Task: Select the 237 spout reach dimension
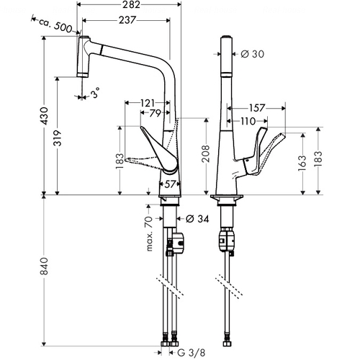(x=127, y=20)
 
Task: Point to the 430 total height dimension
(x=45, y=116)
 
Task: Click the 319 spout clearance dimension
(x=58, y=138)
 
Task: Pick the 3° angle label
(x=96, y=92)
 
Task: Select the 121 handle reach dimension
(x=147, y=103)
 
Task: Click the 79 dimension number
(x=155, y=113)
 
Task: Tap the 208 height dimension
(x=206, y=153)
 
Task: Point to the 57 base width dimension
(x=170, y=184)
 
